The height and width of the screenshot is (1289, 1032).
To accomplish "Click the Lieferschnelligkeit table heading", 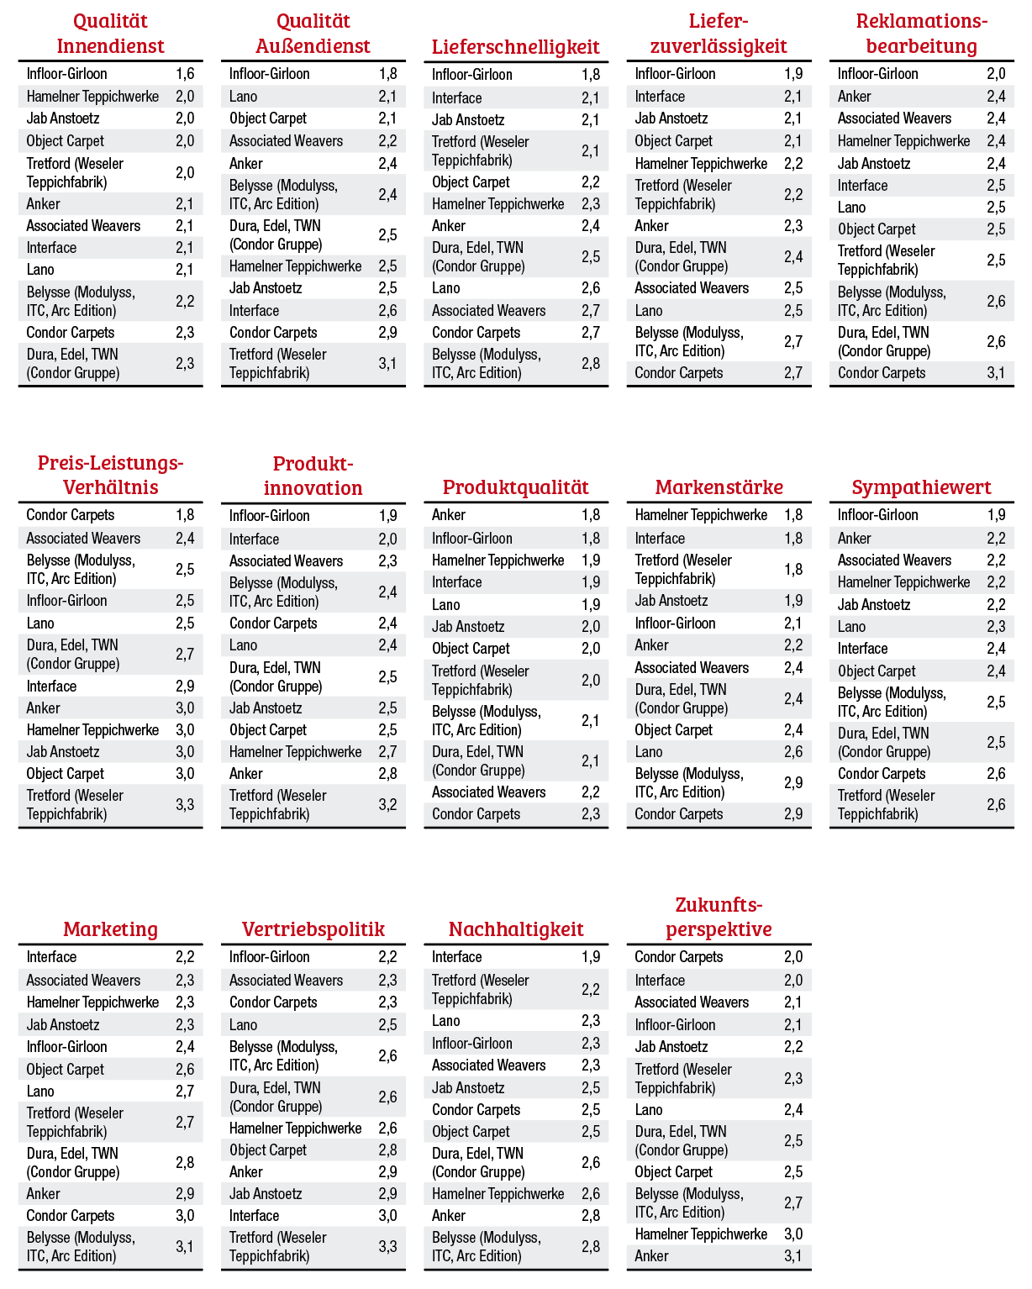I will [x=515, y=47].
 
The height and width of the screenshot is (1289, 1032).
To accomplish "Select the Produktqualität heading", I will [x=515, y=487].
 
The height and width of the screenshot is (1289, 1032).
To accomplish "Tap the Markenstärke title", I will [x=719, y=487].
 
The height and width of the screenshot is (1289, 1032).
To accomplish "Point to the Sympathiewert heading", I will [x=921, y=487].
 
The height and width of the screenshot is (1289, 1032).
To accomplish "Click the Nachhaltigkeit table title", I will [x=515, y=929].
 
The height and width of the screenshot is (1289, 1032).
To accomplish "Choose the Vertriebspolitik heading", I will [x=313, y=929].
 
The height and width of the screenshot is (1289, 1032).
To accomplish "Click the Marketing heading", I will [x=110, y=929].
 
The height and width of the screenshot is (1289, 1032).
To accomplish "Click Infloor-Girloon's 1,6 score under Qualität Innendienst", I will [x=185, y=74].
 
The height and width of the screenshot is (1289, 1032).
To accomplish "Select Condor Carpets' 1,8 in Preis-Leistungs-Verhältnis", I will [x=185, y=515].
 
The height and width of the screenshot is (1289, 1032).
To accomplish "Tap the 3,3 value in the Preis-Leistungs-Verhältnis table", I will [x=185, y=805].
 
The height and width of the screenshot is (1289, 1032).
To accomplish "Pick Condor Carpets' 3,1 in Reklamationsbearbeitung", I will [x=996, y=373].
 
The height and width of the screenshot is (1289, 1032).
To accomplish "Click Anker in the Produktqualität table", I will [x=449, y=515].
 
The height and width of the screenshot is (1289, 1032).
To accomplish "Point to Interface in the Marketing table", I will [x=51, y=957].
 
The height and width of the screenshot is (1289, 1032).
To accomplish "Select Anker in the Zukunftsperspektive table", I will [x=651, y=1256].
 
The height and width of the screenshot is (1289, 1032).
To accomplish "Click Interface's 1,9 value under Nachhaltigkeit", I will [x=591, y=957].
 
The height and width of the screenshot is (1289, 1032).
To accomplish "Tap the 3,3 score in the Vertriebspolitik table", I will [x=387, y=1247].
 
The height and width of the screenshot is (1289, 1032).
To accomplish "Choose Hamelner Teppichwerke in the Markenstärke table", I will [x=701, y=515].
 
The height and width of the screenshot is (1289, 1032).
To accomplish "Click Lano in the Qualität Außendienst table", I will [x=243, y=97].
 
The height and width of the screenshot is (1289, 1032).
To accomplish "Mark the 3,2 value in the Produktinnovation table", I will [x=387, y=805].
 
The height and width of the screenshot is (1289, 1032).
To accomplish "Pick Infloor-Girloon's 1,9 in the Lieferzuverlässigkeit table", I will [x=793, y=74].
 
